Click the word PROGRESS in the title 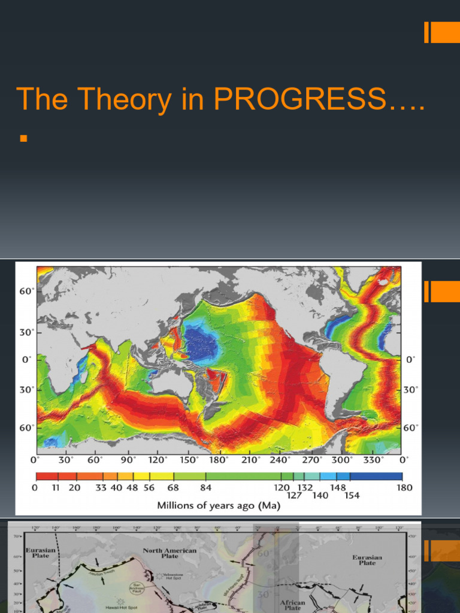(x=299, y=99)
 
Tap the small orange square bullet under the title (x=24, y=139)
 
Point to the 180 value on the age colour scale (x=405, y=488)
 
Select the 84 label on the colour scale (x=206, y=488)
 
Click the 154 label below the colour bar (x=352, y=495)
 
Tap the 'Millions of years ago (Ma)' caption (x=219, y=505)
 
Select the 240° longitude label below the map (x=282, y=460)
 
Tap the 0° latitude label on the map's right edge (x=410, y=360)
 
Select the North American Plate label (x=169, y=553)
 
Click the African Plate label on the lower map (x=293, y=605)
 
